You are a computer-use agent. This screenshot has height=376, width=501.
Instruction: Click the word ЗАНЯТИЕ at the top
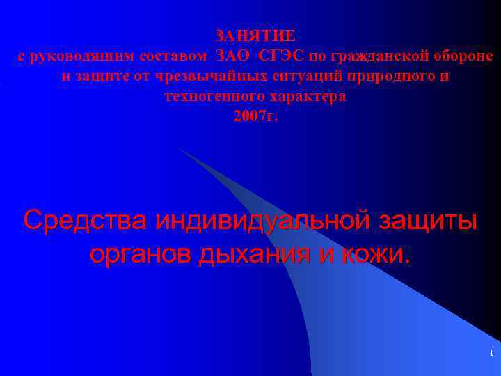255,36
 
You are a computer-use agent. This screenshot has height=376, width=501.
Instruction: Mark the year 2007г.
255,116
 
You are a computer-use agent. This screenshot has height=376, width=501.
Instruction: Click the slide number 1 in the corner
491,354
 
